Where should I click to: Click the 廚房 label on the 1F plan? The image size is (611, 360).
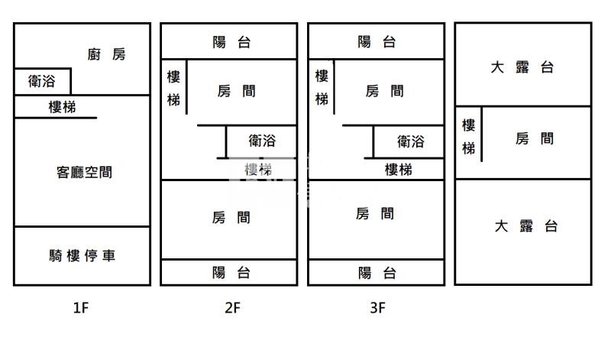(106, 54)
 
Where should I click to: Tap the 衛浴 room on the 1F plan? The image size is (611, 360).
(42, 81)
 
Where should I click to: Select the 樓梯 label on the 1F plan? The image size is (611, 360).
(62, 108)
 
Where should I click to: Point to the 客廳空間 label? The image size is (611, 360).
(84, 173)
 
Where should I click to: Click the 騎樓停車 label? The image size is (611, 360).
(82, 256)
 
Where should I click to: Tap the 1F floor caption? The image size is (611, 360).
(82, 309)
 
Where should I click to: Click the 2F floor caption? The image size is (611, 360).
(232, 309)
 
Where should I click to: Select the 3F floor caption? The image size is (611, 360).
(377, 309)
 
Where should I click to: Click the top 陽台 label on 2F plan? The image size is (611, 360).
(231, 43)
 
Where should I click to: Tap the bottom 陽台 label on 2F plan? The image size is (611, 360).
(231, 272)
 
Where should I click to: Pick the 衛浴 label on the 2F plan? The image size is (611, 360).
(262, 141)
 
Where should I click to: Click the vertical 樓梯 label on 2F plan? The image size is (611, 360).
(174, 88)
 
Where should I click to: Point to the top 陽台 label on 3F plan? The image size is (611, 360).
(377, 43)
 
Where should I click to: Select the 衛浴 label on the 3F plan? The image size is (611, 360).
(410, 141)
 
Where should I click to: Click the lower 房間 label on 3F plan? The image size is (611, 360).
(375, 215)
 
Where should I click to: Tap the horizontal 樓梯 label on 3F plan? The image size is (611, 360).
(398, 170)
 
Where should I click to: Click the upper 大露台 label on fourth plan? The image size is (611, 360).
(522, 67)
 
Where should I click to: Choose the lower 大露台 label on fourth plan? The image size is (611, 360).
(526, 226)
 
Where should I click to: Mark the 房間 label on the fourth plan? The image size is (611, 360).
(534, 139)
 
